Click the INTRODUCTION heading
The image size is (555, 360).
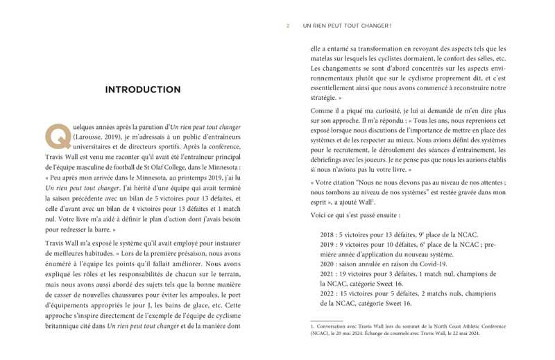[143, 89]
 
